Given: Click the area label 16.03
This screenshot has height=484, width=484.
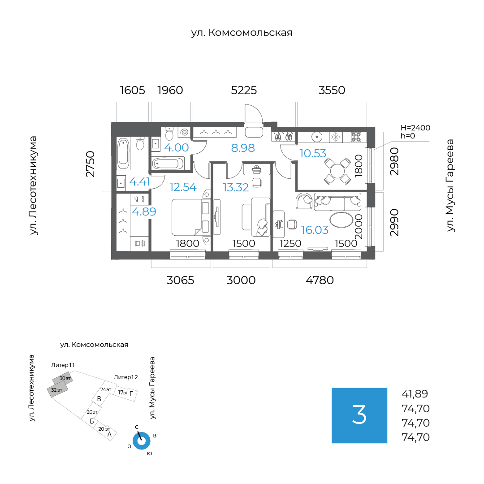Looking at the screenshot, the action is click(x=315, y=230).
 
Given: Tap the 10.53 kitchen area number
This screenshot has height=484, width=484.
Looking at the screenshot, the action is click(x=313, y=153).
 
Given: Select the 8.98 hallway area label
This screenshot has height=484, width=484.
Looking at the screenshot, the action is click(x=243, y=148).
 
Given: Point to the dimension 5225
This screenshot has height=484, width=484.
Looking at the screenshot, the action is click(x=244, y=90).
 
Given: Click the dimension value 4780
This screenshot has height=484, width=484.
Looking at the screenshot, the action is click(x=320, y=280).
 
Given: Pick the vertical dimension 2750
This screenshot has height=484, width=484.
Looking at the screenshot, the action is click(x=91, y=164).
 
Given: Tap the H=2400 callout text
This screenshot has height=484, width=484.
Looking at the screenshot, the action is click(x=415, y=128).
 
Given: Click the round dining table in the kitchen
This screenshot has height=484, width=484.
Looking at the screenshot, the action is click(x=337, y=170).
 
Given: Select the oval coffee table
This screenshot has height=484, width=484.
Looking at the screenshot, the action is click(x=341, y=220).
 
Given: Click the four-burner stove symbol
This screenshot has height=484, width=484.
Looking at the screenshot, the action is click(x=356, y=137).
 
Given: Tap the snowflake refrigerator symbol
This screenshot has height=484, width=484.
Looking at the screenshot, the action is click(x=336, y=137).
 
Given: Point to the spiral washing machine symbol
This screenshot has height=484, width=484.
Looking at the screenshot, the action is click(x=184, y=132).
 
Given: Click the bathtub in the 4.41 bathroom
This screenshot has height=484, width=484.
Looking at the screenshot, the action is click(x=124, y=153).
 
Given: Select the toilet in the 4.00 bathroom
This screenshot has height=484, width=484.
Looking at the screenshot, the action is click(x=169, y=134).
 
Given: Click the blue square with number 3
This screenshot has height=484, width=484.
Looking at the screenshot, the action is click(x=359, y=415).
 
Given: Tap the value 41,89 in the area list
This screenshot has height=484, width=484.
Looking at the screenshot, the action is click(x=415, y=394).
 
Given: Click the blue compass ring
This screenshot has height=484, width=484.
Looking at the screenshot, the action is click(x=142, y=441).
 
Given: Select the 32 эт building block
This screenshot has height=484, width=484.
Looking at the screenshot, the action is click(x=57, y=390).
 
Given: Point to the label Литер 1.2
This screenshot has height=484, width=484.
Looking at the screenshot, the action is click(x=125, y=377).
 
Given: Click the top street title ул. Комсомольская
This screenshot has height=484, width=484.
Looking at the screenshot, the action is click(x=242, y=33).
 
